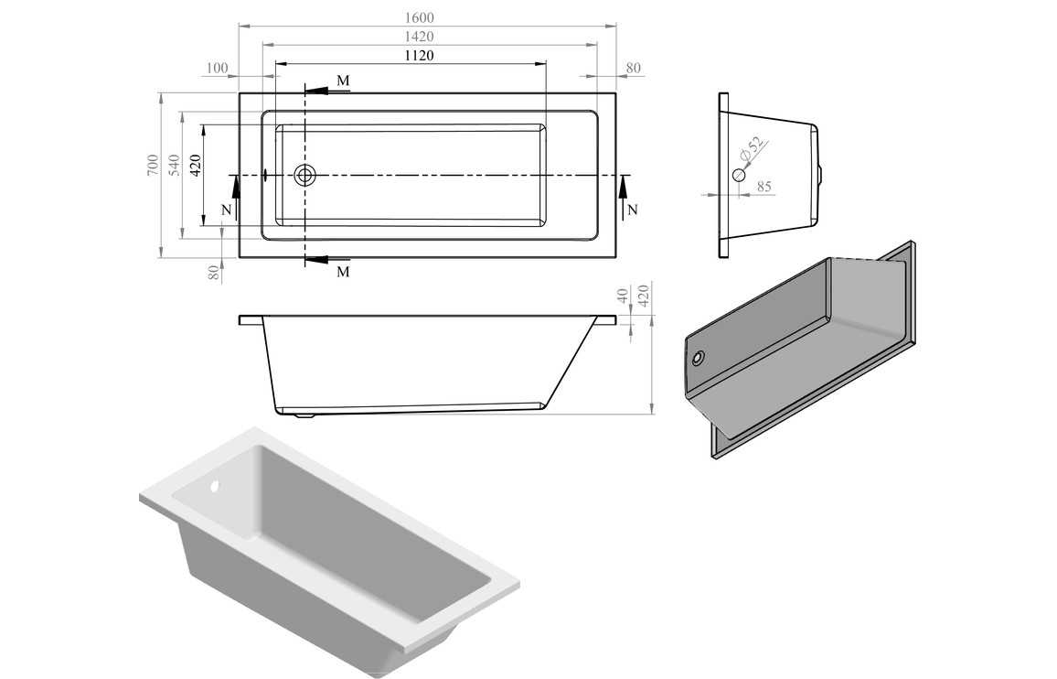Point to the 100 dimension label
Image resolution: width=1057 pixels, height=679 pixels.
(x=218, y=69)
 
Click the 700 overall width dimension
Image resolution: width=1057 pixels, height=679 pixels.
(x=151, y=166)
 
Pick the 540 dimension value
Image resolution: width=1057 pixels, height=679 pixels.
(x=173, y=166)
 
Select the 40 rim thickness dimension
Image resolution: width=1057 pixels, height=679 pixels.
(x=624, y=296)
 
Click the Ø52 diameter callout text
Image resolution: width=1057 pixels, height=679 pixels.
(x=751, y=150)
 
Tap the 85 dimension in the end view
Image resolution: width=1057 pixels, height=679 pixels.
(x=764, y=187)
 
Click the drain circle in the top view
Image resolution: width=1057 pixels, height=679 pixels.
(x=304, y=175)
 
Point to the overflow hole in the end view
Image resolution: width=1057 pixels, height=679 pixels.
(x=738, y=175)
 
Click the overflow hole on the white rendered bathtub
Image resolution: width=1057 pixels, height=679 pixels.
(x=217, y=487)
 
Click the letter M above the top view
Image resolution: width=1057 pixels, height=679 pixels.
(x=343, y=81)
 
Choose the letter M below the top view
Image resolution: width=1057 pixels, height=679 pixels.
(x=343, y=272)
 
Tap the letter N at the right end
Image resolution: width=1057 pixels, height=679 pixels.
(x=633, y=210)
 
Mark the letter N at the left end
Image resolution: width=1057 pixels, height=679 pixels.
(x=227, y=210)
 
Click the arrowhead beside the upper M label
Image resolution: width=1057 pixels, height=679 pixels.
(x=316, y=91)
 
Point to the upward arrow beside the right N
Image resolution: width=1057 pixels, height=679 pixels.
(x=623, y=189)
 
